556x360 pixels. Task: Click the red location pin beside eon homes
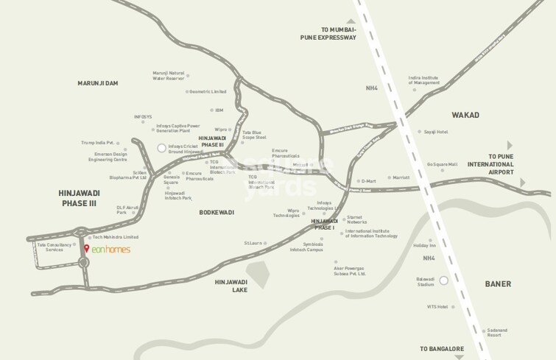(87, 249)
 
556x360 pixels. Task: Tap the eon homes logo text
(110, 250)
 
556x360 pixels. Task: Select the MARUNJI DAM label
(98, 83)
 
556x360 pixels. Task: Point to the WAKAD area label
(464, 115)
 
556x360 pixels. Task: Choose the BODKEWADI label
(216, 212)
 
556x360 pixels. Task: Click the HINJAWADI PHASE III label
(79, 197)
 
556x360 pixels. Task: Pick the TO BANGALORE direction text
(442, 348)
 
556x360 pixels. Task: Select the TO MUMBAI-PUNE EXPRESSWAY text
(328, 32)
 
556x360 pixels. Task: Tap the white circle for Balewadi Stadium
(444, 280)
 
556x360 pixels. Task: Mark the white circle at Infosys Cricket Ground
(162, 148)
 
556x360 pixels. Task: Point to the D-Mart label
(368, 180)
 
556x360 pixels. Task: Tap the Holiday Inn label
(425, 245)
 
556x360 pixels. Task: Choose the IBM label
(219, 110)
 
